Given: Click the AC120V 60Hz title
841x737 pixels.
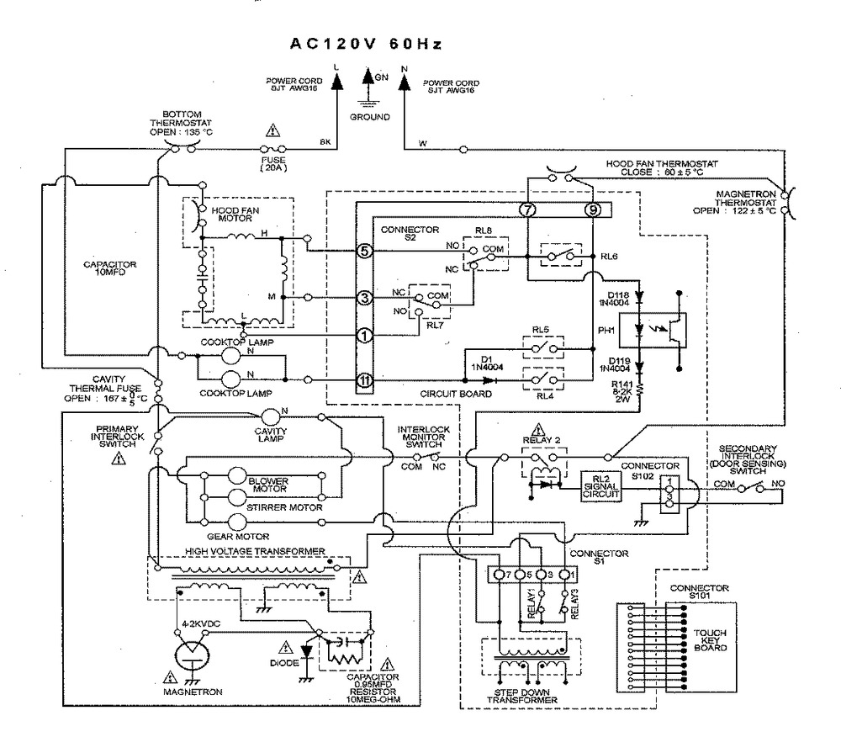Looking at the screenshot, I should [367, 44].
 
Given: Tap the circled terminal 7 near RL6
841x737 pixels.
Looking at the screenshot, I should [527, 210].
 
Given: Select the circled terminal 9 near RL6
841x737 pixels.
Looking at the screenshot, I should [595, 210].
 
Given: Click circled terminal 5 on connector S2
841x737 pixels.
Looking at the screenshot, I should [363, 251].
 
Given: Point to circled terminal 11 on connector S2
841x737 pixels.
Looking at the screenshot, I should [363, 380].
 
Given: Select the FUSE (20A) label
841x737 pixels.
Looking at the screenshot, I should [271, 162].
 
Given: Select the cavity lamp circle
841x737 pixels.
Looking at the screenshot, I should [271, 416].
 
